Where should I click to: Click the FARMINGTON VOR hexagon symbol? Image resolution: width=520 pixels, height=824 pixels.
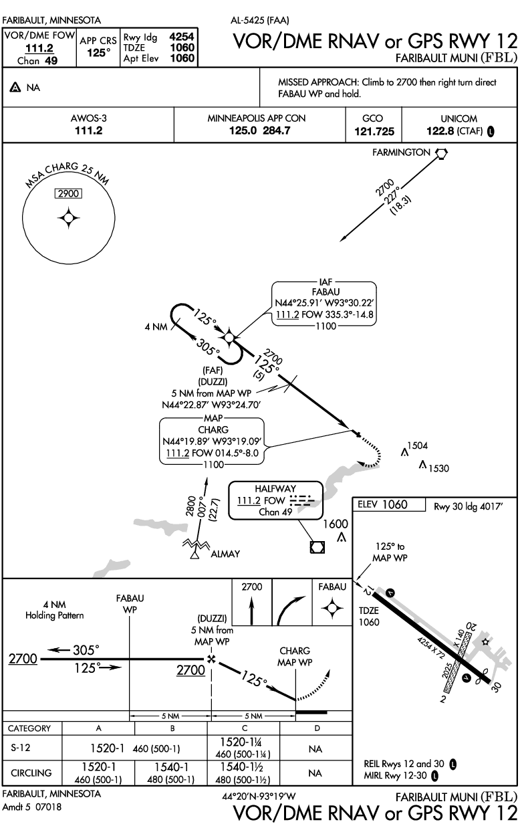pos(441,154)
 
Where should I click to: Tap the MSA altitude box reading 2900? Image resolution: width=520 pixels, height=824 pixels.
pos(68,194)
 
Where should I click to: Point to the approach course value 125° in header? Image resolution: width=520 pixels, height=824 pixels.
pos(99,52)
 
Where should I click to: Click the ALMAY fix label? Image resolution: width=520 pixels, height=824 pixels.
pos(225,554)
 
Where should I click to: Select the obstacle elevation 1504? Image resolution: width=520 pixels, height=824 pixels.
pos(418,445)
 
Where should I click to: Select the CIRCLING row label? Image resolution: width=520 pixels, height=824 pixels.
pos(32,773)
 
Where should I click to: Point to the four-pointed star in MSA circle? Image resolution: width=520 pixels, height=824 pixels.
pos(68,218)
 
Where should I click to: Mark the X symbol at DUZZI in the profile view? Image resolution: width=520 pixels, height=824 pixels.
pos(212,659)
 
